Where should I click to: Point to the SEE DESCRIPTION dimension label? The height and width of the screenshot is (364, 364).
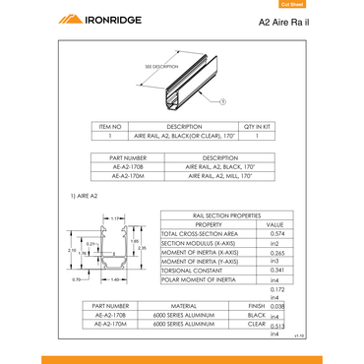161,66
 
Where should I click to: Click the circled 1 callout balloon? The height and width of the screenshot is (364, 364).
223,101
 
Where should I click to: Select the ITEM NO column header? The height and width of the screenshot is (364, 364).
110,127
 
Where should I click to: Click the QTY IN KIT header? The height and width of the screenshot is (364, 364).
257,127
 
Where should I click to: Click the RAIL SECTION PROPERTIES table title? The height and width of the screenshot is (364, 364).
225,214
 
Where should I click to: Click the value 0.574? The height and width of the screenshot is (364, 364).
276,233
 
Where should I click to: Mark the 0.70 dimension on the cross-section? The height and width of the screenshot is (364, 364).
77,280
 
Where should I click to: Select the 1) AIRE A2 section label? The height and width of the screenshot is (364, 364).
86,197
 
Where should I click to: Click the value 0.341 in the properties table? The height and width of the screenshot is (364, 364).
276,270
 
